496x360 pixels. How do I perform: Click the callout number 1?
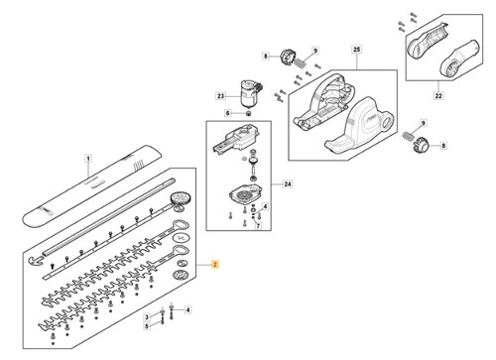88,159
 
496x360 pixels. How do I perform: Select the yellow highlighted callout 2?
215,265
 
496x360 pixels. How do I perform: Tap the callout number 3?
147,317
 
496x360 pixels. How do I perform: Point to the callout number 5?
147,326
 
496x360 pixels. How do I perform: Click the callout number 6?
228,113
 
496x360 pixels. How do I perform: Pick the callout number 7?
258,226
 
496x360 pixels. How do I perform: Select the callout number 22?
438,96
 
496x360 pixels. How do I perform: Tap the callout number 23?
220,96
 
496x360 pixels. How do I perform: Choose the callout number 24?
288,183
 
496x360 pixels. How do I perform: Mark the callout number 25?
356,50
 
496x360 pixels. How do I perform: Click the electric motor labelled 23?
250,93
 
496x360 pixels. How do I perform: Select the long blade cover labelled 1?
92,186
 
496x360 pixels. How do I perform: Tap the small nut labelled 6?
248,113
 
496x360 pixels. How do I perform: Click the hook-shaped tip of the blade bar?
36,260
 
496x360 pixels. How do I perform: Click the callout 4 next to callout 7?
265,206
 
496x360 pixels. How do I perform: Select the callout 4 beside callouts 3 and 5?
187,309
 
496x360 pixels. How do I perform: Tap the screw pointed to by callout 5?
162,320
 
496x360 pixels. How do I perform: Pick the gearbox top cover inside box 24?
236,139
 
